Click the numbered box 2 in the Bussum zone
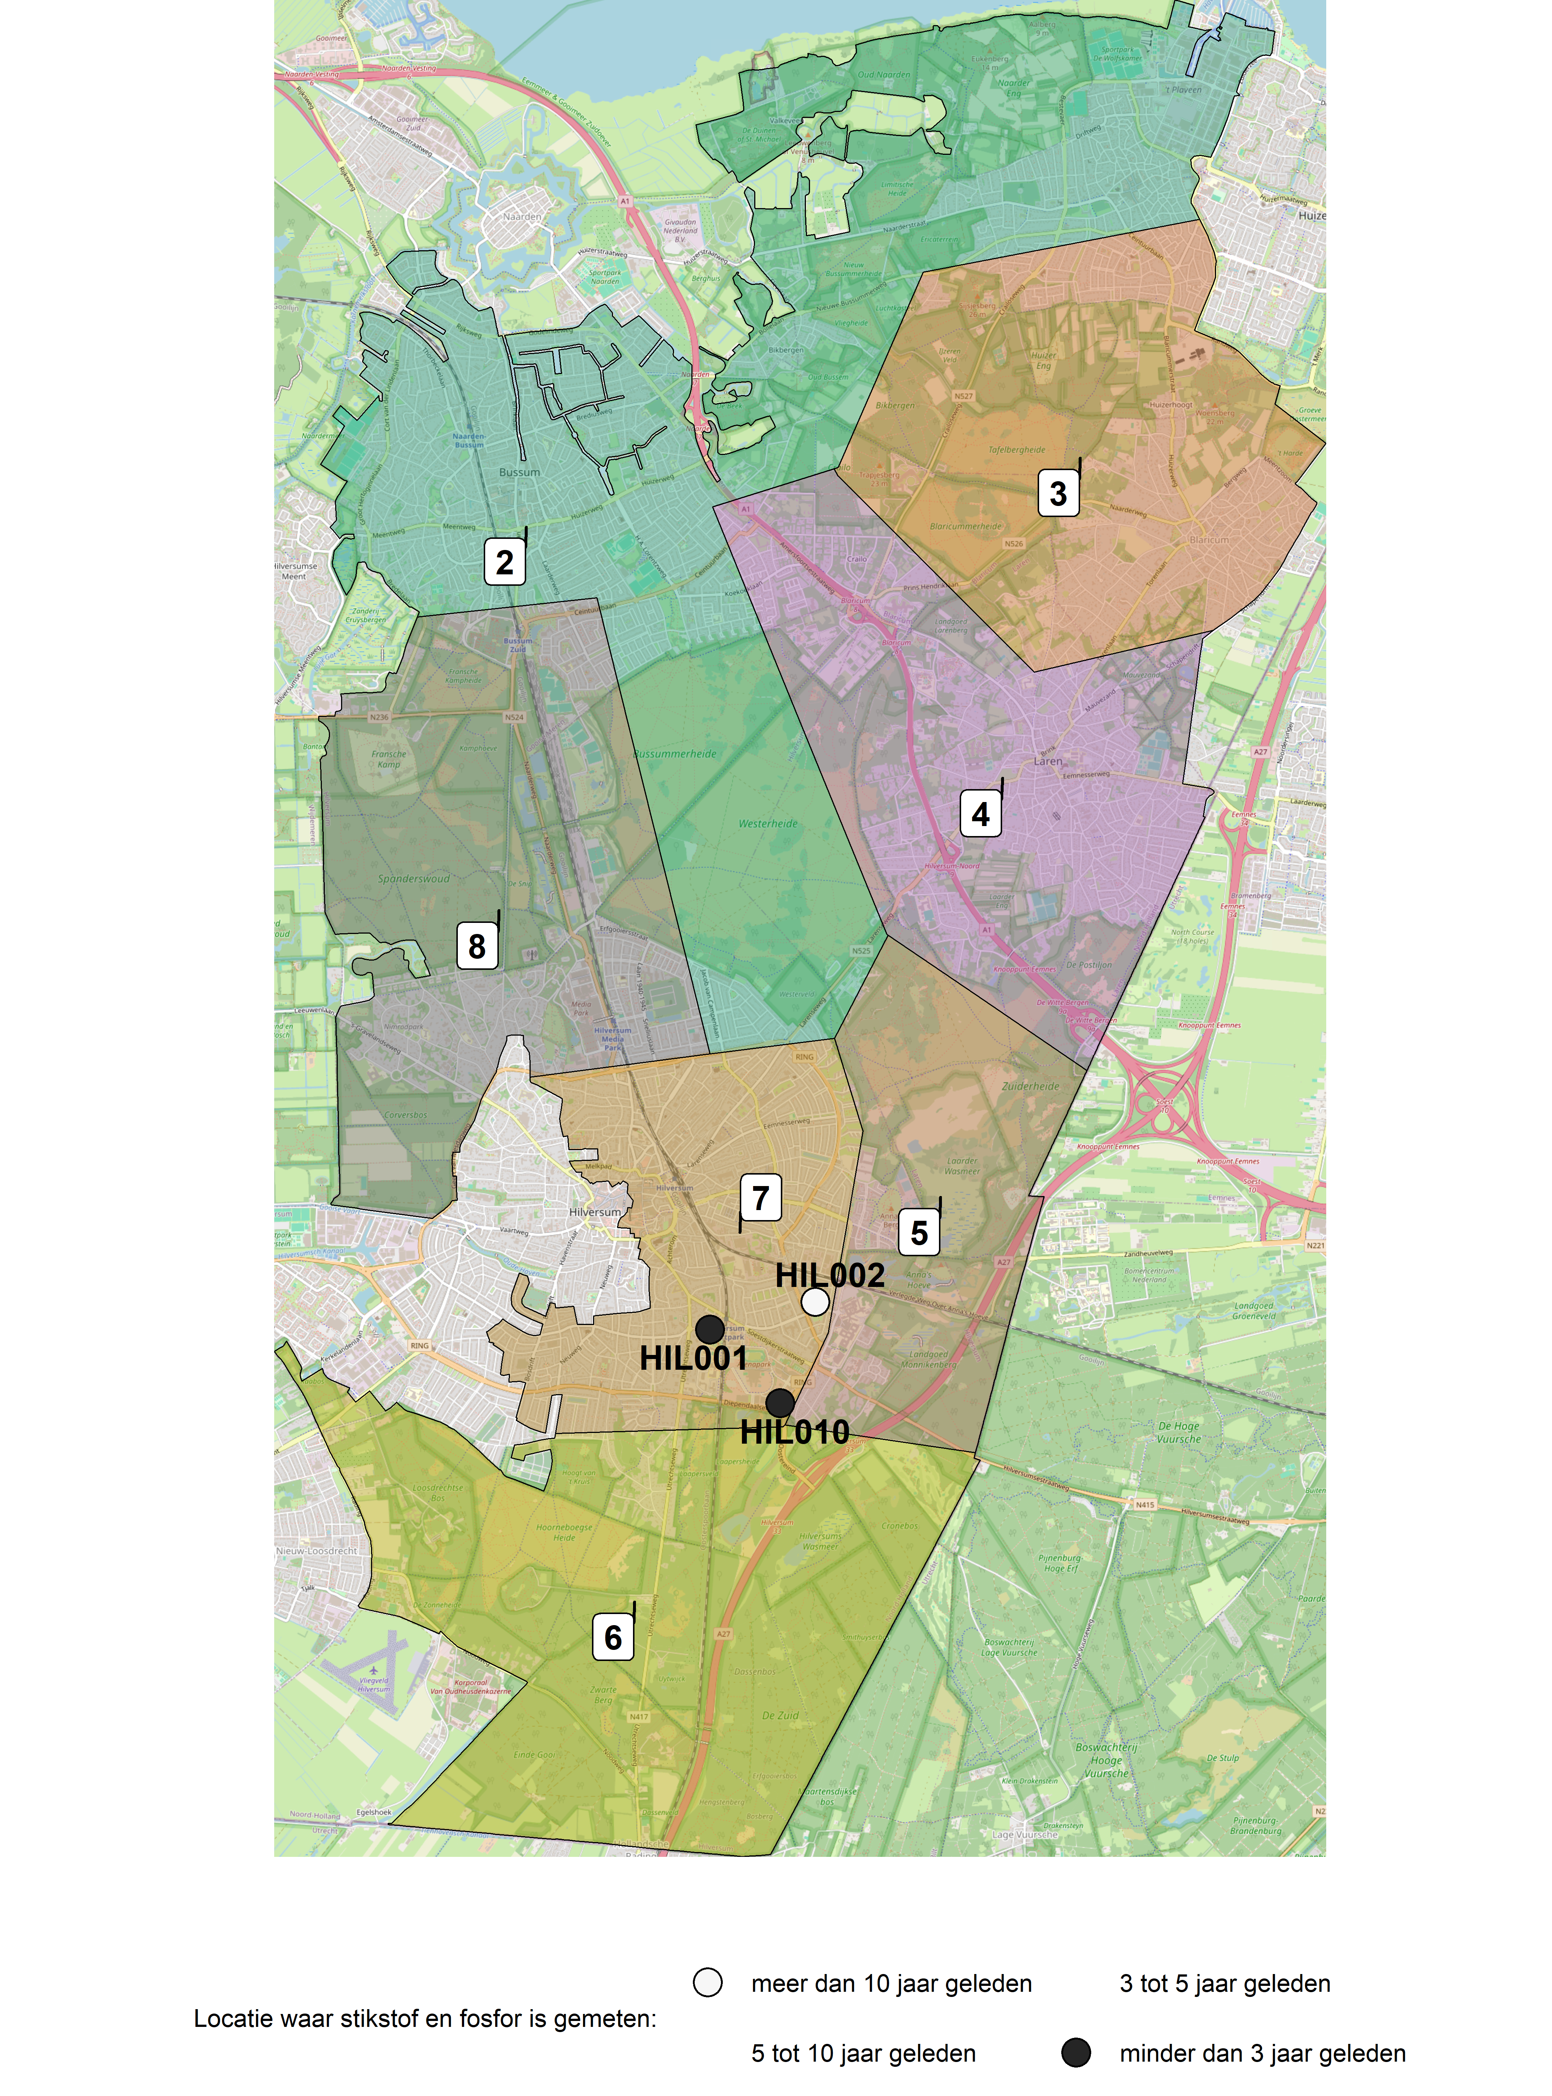tap(504, 562)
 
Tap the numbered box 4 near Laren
tap(980, 813)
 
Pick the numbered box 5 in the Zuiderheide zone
tap(919, 1233)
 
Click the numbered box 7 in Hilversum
tap(760, 1198)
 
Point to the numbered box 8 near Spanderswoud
tap(477, 946)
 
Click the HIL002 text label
tap(830, 1275)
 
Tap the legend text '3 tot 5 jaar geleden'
tap(1224, 1983)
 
